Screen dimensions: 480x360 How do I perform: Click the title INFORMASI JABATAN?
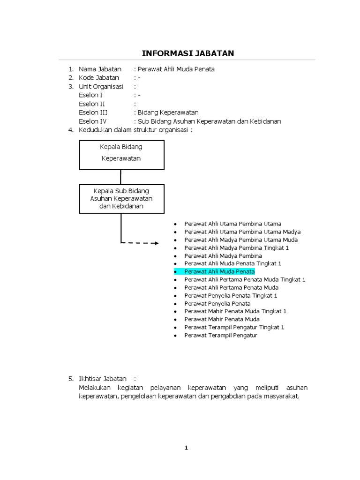coord(188,53)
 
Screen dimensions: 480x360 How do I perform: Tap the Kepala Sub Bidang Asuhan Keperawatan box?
coord(121,198)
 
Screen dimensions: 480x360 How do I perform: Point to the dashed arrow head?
coord(157,243)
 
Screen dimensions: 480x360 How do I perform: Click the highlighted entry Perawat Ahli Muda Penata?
coord(219,271)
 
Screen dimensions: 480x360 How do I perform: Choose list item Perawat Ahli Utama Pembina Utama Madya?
coord(242,232)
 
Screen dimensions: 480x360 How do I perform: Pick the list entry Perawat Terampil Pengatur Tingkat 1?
coord(234,327)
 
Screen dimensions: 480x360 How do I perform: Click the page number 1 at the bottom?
coord(186,448)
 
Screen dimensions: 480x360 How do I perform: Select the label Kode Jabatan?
coord(99,78)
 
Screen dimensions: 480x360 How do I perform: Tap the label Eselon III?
coord(93,112)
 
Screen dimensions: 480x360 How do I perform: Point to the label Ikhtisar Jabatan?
coord(103,378)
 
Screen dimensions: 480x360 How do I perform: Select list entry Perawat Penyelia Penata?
coord(217,303)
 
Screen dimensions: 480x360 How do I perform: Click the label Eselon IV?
coord(93,121)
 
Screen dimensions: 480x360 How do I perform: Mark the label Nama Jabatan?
coord(100,69)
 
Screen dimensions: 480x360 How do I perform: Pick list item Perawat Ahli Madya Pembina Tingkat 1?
coord(237,247)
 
